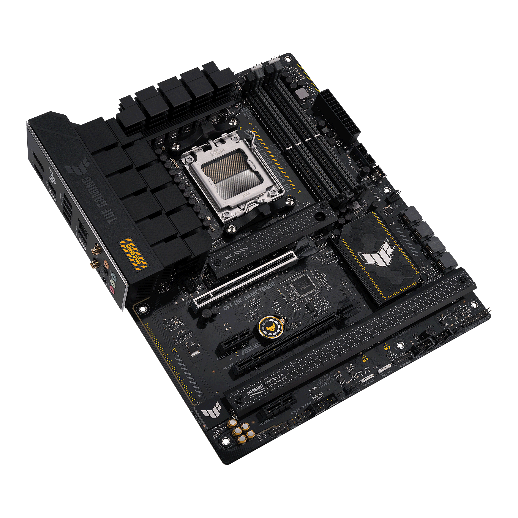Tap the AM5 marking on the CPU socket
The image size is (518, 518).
point(246,196)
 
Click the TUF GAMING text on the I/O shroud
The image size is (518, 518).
point(99,200)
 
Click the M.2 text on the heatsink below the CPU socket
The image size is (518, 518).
point(228,257)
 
